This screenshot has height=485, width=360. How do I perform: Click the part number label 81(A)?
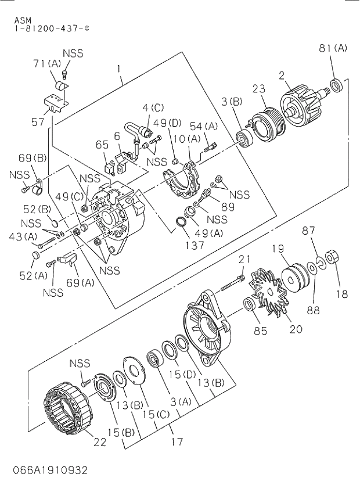pyautogui.click(x=333, y=48)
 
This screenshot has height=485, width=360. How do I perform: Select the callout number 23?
pyautogui.click(x=258, y=88)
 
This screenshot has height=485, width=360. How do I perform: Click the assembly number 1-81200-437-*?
pyautogui.click(x=52, y=28)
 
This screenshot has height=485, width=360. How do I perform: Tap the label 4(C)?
pyautogui.click(x=153, y=107)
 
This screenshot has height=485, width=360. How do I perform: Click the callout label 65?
pyautogui.click(x=102, y=145)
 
